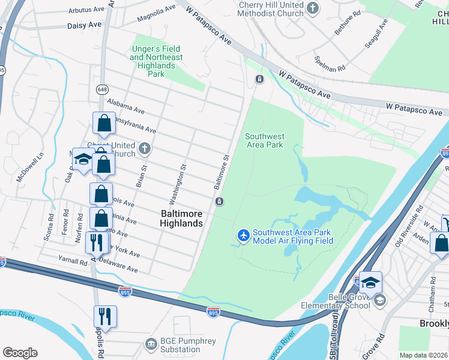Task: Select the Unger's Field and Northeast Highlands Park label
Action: click(x=156, y=61)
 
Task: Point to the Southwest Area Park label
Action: click(x=264, y=140)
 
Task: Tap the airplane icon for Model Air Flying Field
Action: click(x=243, y=236)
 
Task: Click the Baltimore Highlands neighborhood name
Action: click(x=181, y=218)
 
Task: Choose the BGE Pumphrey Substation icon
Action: click(x=150, y=343)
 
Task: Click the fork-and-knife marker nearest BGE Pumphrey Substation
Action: click(x=105, y=316)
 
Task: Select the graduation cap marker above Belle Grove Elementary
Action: click(x=370, y=282)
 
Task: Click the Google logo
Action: click(x=20, y=352)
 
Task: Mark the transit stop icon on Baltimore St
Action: click(x=220, y=201)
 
